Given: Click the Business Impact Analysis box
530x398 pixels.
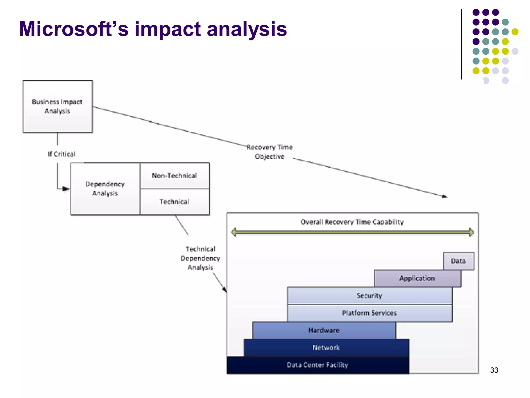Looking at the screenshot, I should (x=57, y=106).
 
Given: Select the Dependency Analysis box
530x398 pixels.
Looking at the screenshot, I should (x=105, y=189).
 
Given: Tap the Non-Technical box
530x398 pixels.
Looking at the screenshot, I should (x=174, y=175).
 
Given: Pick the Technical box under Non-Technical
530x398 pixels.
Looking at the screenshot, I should (x=174, y=202).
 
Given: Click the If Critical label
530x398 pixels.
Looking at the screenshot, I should (x=62, y=154).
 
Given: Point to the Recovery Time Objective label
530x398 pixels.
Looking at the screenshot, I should (x=269, y=152).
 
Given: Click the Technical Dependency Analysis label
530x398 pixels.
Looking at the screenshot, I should (x=200, y=258).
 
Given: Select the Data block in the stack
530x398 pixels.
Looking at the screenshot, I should (x=458, y=261).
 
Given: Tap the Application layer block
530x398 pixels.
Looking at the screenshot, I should (x=417, y=278).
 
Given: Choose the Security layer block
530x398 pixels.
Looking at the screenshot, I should (x=369, y=296).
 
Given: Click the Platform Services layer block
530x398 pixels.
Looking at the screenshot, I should (x=369, y=313).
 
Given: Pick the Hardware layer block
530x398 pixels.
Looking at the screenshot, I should (x=324, y=330).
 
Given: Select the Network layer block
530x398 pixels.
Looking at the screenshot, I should (x=326, y=347).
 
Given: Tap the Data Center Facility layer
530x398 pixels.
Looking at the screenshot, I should (x=317, y=365).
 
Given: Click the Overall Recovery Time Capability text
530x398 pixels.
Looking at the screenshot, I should (x=352, y=222).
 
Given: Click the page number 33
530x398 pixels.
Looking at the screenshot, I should (x=494, y=370).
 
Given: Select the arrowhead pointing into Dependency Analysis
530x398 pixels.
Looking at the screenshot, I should (x=66, y=189).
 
